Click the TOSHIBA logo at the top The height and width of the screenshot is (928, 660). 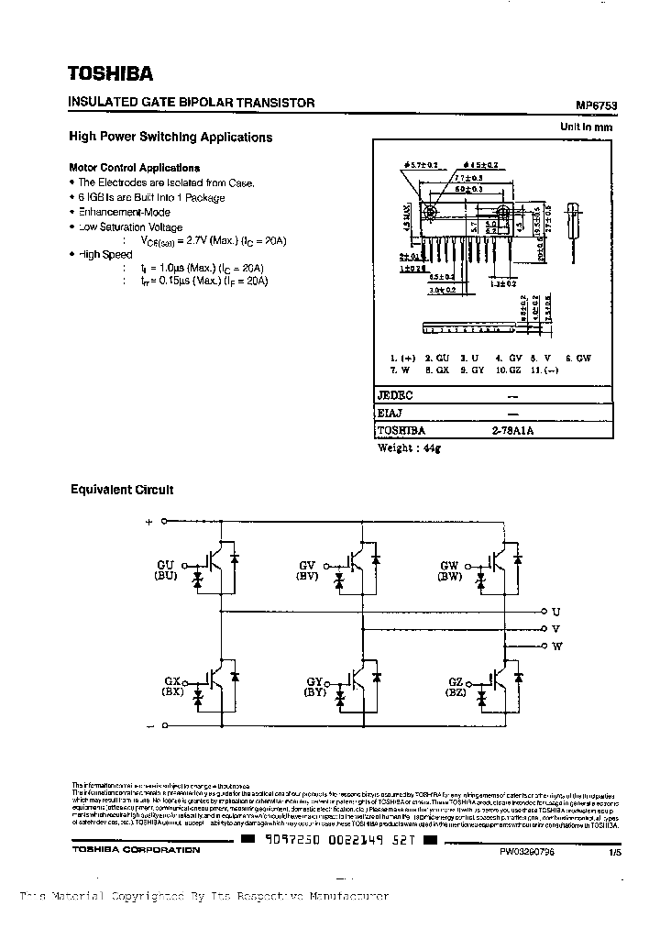[x=111, y=73]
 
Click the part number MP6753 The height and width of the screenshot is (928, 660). [x=597, y=105]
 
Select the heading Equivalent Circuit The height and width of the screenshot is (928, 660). [x=122, y=490]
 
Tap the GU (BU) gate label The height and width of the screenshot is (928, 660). [x=166, y=571]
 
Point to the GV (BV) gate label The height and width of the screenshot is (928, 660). [x=307, y=571]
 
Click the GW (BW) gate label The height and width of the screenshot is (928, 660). [x=449, y=571]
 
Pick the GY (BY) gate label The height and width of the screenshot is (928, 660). [x=314, y=687]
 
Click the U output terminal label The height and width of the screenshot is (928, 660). [x=556, y=611]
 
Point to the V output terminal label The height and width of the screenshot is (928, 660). [x=556, y=628]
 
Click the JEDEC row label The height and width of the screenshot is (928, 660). [x=396, y=395]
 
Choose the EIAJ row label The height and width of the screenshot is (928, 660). [x=391, y=413]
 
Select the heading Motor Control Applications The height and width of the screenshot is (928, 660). [x=135, y=168]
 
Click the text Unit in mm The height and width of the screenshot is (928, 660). [x=586, y=127]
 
